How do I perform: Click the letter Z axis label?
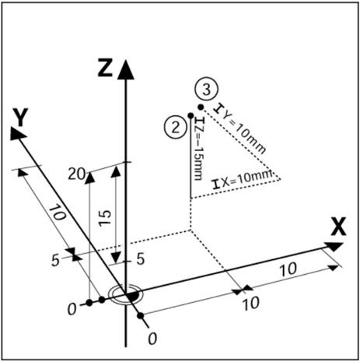[105, 67]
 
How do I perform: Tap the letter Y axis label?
[20, 117]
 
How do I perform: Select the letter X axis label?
[338, 227]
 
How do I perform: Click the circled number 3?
[206, 90]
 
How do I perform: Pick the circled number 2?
[176, 128]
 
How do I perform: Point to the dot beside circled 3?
[201, 107]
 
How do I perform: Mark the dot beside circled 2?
[190, 115]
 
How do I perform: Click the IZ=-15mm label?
[199, 149]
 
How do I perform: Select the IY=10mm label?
[241, 128]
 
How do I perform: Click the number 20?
[76, 174]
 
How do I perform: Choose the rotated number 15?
[106, 217]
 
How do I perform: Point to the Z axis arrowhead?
[126, 69]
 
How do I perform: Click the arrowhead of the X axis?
[334, 246]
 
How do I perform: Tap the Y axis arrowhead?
[18, 133]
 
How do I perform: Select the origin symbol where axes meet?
[126, 295]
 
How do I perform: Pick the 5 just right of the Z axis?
[141, 258]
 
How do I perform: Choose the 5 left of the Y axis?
[55, 261]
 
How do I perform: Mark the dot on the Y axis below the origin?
[141, 316]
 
